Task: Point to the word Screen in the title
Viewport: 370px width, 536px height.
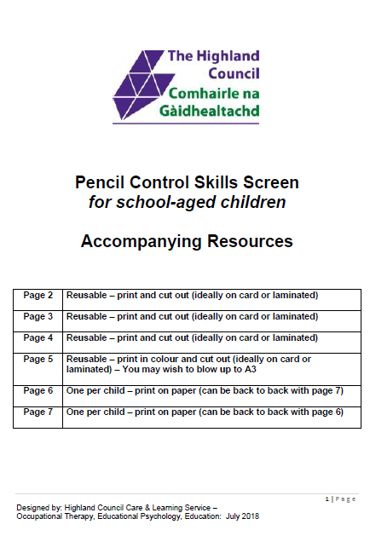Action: [x=271, y=182]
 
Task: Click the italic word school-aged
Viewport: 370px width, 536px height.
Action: [x=178, y=203]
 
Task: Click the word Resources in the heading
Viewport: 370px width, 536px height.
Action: [x=252, y=242]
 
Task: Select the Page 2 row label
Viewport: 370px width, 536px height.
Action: [x=38, y=296]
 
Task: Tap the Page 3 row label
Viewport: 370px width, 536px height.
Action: [x=38, y=316]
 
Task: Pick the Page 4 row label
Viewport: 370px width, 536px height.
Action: [x=38, y=337]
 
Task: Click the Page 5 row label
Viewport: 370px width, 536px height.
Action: [x=38, y=360]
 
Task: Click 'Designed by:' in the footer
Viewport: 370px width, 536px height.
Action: [x=35, y=507]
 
